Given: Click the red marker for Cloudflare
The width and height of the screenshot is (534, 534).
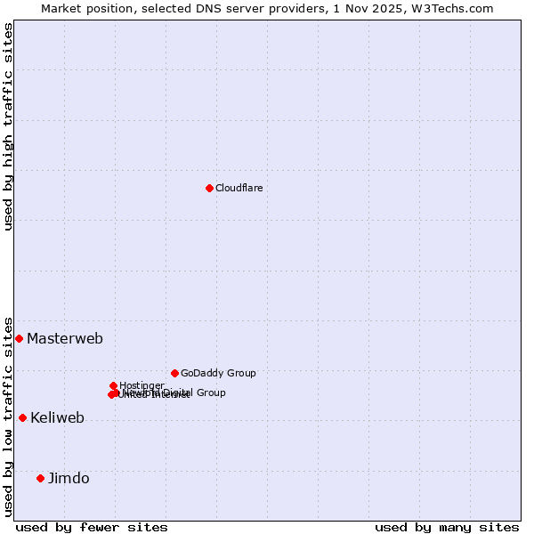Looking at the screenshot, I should [209, 188].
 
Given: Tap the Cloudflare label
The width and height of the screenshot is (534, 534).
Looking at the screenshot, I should [239, 188].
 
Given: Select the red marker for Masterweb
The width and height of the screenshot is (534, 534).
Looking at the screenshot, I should [19, 338].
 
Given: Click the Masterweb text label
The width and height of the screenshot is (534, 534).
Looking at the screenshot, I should [65, 338].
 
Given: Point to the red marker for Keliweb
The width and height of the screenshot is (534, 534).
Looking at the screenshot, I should [22, 417].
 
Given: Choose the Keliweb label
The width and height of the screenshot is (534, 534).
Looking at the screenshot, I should [57, 417].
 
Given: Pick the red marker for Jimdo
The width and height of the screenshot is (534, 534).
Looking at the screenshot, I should [40, 478].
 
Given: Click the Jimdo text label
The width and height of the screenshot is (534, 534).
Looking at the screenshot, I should [69, 478].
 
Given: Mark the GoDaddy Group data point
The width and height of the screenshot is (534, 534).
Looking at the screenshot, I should [174, 373].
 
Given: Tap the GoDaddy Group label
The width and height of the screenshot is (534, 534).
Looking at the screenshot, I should [218, 373].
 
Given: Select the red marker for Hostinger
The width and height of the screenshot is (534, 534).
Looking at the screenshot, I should [113, 385].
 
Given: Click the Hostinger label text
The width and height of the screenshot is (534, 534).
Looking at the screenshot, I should [142, 385].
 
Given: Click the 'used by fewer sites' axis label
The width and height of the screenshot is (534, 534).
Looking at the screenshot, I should [92, 527].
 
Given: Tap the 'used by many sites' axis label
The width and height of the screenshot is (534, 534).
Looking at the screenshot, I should [447, 527].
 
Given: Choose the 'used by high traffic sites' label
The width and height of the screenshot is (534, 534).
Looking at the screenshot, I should [8, 126].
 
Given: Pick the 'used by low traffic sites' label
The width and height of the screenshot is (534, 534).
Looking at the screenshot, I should [8, 416].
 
